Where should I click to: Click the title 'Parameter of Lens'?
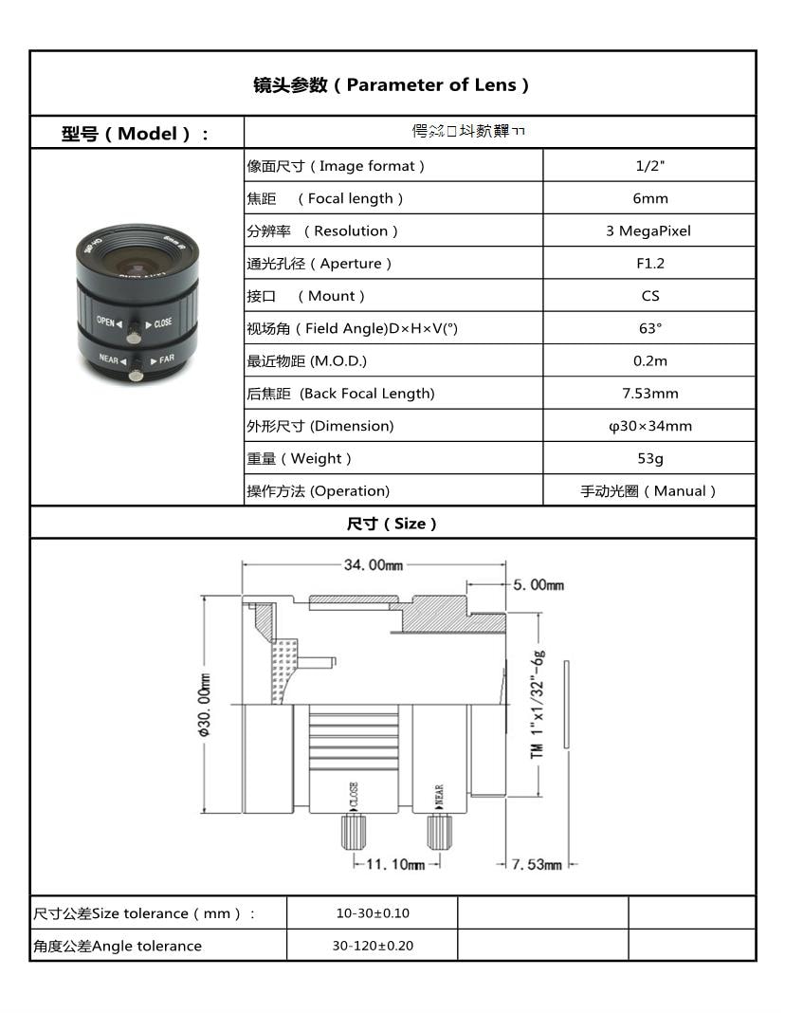392,84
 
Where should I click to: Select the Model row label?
137,133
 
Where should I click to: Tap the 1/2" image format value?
649,166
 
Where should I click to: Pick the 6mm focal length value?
649,198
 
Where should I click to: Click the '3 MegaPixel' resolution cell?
649,230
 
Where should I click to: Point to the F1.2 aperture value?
649,264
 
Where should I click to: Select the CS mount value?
649,296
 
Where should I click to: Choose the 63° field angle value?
649,328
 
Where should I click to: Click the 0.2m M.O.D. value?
649,360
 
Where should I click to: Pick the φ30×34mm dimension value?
649,426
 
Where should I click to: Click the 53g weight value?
649,458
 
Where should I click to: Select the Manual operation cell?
649,491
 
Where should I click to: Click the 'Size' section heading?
392,524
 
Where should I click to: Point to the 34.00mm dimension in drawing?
373,565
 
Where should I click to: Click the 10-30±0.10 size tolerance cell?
372,913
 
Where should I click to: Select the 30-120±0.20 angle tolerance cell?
372,946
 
